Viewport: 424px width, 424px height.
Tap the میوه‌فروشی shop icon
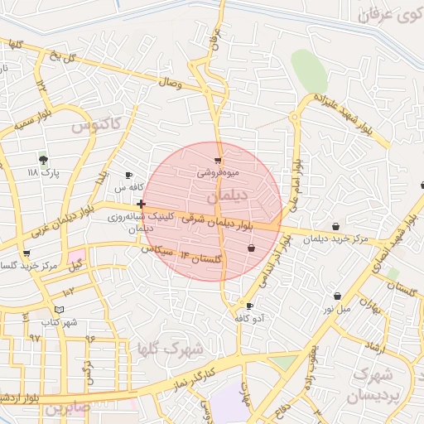tap(218, 161)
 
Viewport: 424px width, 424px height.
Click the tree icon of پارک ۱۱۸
tap(44, 160)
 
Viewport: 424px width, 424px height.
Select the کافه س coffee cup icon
tap(128, 176)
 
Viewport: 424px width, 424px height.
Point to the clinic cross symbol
tap(142, 204)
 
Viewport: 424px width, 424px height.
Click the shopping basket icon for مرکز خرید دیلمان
tap(335, 226)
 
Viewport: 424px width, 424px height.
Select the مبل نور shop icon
tap(338, 296)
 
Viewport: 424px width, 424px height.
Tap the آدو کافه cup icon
tap(250, 306)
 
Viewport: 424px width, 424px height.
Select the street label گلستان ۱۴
tap(201, 258)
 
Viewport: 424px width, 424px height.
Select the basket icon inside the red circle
tap(251, 248)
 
